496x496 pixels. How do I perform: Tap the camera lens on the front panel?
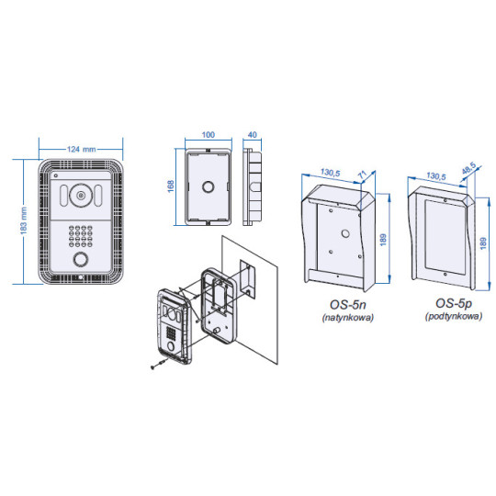pos(81,196)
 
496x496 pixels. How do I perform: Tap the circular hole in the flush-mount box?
pos(209,186)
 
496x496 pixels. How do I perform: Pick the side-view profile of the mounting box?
pos(251,187)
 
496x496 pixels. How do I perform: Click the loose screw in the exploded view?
pos(156,364)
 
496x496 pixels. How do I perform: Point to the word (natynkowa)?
pos(342,317)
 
